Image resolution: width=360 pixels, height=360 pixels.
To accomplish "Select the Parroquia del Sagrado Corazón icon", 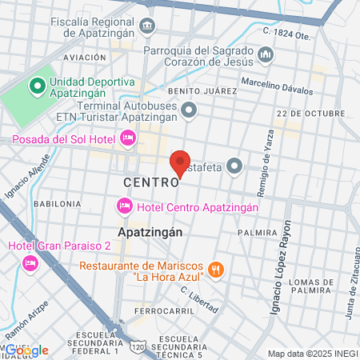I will [x=266, y=54].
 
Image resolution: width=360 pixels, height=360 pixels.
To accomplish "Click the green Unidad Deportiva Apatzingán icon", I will [x=36, y=86].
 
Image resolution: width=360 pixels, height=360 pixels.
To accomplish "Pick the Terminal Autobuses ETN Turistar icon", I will [x=189, y=110].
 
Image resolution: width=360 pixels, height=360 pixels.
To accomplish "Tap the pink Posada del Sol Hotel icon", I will [x=126, y=139].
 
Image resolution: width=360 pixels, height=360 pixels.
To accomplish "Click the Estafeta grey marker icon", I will [x=234, y=166].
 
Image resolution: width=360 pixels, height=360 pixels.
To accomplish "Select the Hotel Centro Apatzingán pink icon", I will [x=124, y=207].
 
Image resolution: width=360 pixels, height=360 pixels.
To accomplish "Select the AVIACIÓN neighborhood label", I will [x=84, y=58].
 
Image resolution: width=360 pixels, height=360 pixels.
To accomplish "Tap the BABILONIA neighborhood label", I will [x=58, y=204].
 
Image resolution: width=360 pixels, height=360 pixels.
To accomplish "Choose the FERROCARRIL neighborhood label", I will [x=161, y=310].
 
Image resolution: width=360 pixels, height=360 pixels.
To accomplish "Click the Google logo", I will [x=26, y=350].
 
